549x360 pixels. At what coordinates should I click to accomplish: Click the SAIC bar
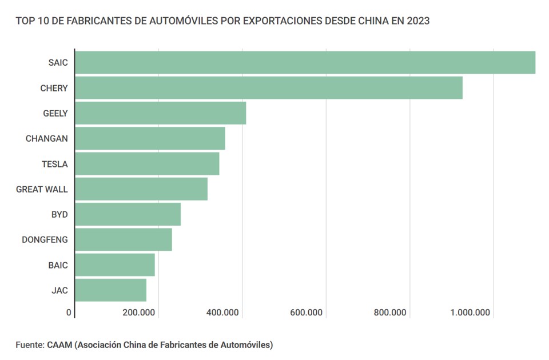tap(305, 63)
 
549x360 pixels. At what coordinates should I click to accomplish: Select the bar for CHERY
tap(269, 88)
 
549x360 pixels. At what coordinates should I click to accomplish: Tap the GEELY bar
tap(160, 113)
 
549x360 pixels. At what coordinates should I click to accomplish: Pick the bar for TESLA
tap(147, 164)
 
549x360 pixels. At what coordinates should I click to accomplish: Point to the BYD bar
tap(128, 214)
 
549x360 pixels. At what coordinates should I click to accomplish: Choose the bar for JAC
tap(110, 290)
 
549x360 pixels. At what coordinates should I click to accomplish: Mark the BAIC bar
tap(114, 265)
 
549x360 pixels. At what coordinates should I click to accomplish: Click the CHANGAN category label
tap(46, 139)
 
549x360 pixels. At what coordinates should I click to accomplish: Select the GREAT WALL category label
tap(42, 189)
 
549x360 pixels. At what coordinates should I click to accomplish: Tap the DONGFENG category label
tap(45, 240)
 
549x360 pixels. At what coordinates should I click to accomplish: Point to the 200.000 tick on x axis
tap(139, 313)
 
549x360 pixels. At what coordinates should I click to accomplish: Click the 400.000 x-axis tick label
tap(222, 313)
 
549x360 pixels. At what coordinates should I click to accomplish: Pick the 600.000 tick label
tap(307, 313)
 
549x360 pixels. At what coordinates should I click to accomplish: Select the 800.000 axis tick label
tap(390, 313)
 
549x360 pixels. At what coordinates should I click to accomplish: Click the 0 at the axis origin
tap(69, 313)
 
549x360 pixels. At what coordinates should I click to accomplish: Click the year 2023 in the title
tap(418, 21)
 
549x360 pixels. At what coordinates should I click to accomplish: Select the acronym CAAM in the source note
tap(59, 345)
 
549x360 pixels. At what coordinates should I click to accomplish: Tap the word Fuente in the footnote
tap(29, 345)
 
